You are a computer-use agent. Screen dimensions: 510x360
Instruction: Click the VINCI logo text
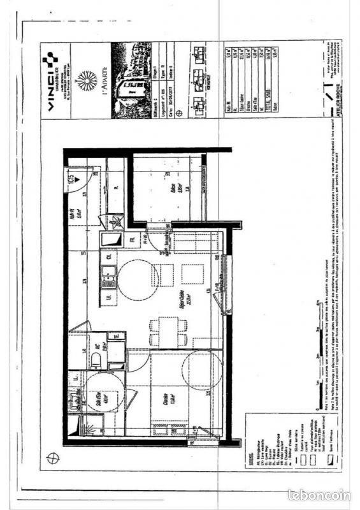pyautogui.click(x=50, y=84)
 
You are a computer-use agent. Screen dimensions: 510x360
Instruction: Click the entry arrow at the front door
pyautogui.click(x=71, y=181)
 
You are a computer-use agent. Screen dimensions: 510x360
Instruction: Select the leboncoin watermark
pyautogui.click(x=319, y=494)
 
